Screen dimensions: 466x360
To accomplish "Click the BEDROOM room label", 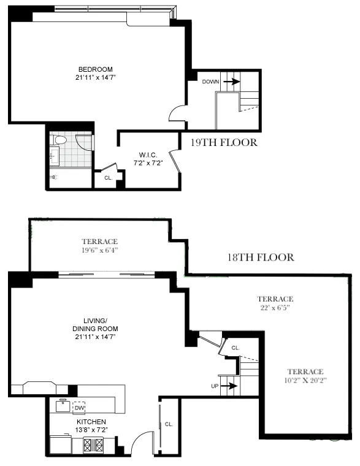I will click(x=95, y=69).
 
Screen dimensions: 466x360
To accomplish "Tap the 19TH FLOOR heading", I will click(x=223, y=143).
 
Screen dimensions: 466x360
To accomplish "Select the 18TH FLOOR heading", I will click(x=260, y=258).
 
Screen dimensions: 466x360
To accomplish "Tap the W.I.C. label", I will click(x=149, y=154).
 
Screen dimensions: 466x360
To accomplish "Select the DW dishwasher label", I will click(x=79, y=407).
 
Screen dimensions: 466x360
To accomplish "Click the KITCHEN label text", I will click(x=91, y=422).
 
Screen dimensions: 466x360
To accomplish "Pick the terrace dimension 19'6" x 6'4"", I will click(x=99, y=250).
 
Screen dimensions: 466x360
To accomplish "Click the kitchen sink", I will click(x=63, y=405).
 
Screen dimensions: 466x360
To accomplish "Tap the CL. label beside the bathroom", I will click(x=107, y=178).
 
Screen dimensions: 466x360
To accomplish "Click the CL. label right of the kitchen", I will click(x=169, y=424).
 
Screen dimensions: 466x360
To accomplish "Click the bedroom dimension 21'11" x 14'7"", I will click(x=95, y=77).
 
